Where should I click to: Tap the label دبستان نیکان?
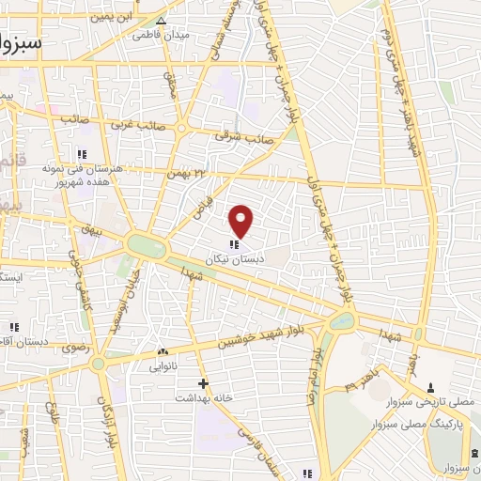click(x=234, y=256)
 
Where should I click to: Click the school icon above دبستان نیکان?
click(x=234, y=244)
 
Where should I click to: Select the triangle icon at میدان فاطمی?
click(x=163, y=21)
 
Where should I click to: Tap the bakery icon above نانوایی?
click(x=163, y=351)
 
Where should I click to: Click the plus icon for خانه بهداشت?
click(x=203, y=382)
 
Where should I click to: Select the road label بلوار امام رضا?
click(x=316, y=374)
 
